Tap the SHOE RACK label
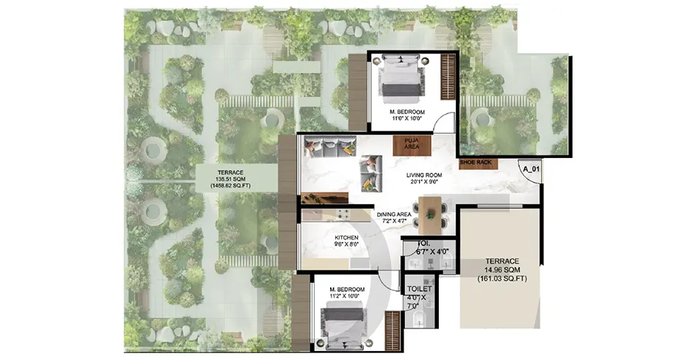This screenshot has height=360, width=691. (475, 162)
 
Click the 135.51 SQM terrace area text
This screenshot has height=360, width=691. (229, 179)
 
